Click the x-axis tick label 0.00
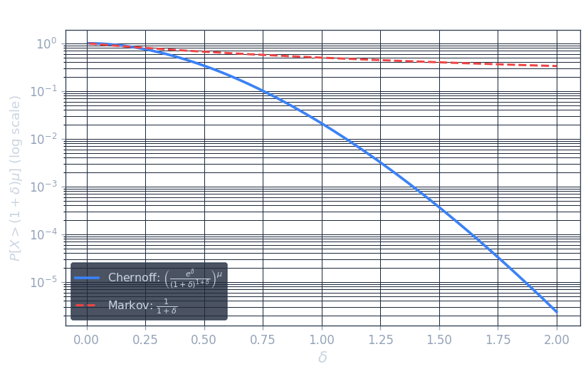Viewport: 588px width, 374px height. click(87, 340)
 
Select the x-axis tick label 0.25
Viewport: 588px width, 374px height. click(145, 340)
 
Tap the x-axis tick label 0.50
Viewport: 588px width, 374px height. click(204, 340)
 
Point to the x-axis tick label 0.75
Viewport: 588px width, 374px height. click(263, 340)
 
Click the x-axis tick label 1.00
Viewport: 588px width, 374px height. click(322, 340)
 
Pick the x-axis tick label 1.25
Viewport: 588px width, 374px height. click(380, 340)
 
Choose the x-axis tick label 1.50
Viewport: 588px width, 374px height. click(439, 340)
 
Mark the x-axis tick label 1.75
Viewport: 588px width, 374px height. click(498, 340)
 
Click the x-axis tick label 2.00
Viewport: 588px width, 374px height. click(557, 340)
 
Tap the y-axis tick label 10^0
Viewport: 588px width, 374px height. click(46, 44)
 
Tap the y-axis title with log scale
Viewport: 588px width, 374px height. click(15, 178)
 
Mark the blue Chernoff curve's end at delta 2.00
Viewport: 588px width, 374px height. click(557, 312)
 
